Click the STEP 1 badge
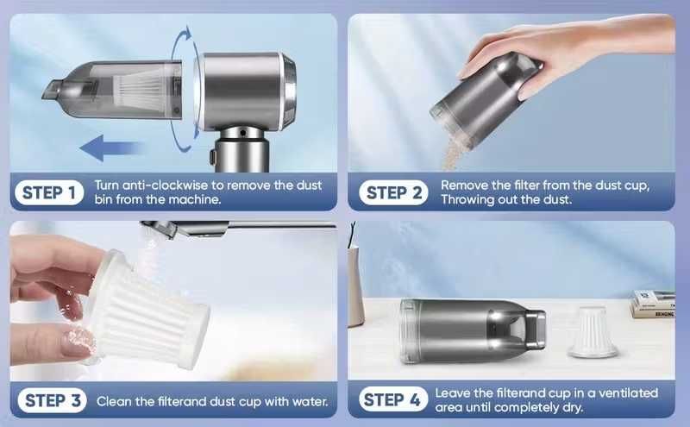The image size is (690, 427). pyautogui.click(x=49, y=193)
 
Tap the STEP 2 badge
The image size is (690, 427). pyautogui.click(x=393, y=193)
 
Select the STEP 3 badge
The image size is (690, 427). pyautogui.click(x=53, y=400)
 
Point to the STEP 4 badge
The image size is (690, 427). pyautogui.click(x=393, y=399)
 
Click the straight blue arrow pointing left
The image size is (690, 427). pyautogui.click(x=111, y=148)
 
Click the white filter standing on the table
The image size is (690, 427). pyautogui.click(x=593, y=332)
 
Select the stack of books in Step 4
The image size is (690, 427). pyautogui.click(x=653, y=304)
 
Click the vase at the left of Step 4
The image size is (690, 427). pyautogui.click(x=355, y=286)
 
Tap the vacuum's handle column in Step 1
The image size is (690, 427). pyautogui.click(x=241, y=150)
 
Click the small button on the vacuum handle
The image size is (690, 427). pyautogui.click(x=212, y=156)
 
